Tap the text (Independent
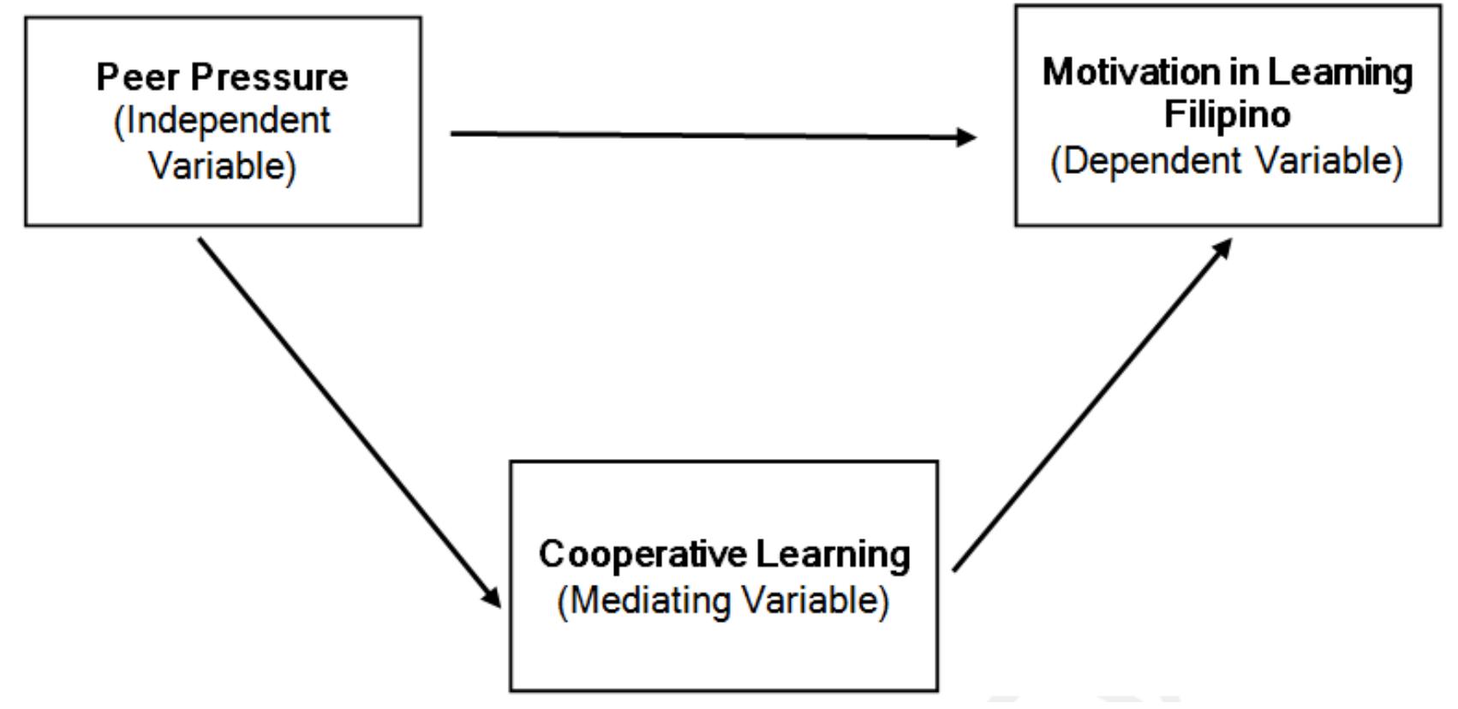click(222, 121)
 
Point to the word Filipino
click(1227, 115)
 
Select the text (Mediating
click(644, 599)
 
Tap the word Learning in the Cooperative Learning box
click(833, 554)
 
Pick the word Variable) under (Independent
click(222, 164)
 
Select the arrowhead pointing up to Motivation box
click(1222, 248)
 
